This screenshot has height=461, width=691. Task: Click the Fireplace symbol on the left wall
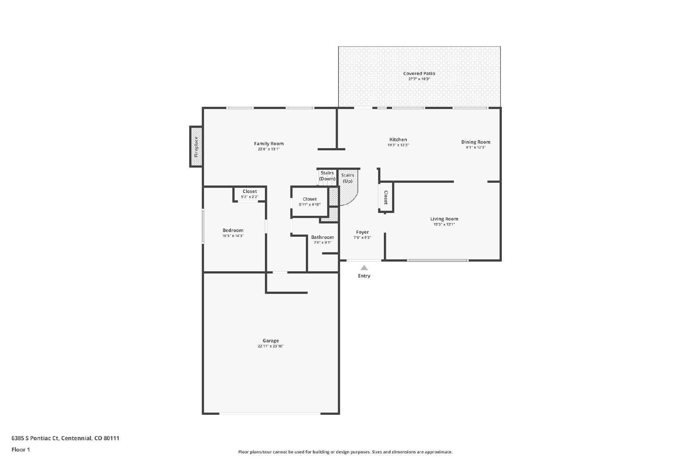[x=196, y=146]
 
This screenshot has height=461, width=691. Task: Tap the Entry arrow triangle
[x=364, y=268]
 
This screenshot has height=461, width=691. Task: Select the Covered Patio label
[x=419, y=73]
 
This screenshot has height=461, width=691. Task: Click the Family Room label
[x=269, y=143]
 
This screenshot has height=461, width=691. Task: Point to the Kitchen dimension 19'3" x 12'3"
[x=398, y=145]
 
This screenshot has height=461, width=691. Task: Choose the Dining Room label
[x=475, y=142]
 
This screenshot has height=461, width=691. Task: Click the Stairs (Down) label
[x=327, y=176]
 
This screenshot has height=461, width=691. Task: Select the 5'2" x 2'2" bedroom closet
[x=250, y=194]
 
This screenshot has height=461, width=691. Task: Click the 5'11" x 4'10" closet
[x=310, y=202]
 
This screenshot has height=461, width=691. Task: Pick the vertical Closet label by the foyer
[x=386, y=197]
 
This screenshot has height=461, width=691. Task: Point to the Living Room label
[x=444, y=219]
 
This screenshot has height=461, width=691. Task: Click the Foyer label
[x=362, y=232]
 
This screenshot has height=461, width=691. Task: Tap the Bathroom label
[x=322, y=237]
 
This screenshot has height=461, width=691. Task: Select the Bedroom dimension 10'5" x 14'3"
[x=233, y=236]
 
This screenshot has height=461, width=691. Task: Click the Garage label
[x=271, y=340]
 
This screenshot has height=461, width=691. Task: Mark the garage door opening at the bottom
[x=270, y=413]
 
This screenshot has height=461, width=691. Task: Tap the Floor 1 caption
[x=21, y=449]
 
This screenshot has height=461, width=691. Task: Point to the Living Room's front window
[x=437, y=260]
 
